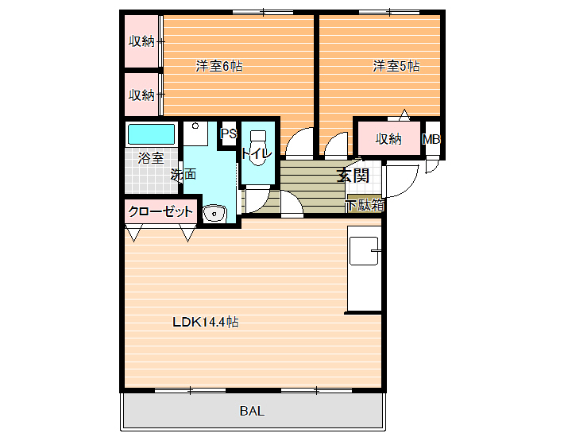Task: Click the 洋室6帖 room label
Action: point(219,67)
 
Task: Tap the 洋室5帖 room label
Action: point(396,67)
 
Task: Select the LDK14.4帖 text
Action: point(206,322)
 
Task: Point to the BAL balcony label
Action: point(252,411)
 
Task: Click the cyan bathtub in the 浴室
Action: point(152,133)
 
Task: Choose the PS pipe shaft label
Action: point(229,133)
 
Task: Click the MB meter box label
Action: point(431,139)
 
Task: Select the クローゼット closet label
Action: point(160,211)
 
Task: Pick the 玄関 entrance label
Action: point(353,175)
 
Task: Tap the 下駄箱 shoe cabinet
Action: point(365,205)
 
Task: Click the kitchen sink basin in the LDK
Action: point(364,251)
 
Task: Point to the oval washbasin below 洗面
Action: point(214,214)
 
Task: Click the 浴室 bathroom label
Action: point(151,158)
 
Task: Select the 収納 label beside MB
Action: point(388,139)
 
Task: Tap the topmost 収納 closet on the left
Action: point(141,41)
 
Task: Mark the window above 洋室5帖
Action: point(389,13)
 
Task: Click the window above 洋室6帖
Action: point(263,13)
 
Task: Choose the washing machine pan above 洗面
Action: point(195,133)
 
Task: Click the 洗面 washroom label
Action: point(183,175)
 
